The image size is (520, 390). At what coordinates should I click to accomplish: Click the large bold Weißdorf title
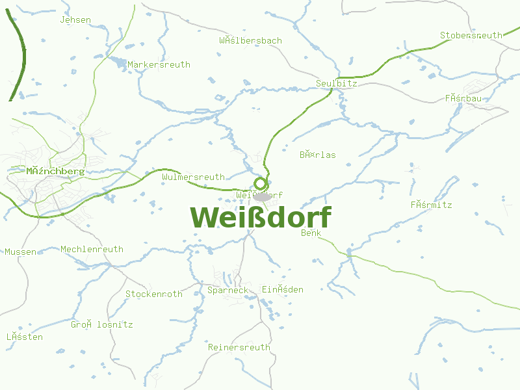click(x=261, y=218)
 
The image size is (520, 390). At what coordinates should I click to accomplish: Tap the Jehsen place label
click(x=75, y=20)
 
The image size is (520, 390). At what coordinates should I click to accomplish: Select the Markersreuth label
click(x=159, y=65)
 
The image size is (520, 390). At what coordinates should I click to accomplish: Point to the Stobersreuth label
click(x=471, y=36)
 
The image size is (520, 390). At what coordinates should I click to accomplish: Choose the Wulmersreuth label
click(x=193, y=177)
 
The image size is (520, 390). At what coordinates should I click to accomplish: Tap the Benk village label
click(x=311, y=233)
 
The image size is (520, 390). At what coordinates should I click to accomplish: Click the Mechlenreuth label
click(x=92, y=249)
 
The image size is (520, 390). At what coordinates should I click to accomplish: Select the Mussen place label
click(x=21, y=252)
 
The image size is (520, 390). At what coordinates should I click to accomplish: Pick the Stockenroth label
click(x=154, y=294)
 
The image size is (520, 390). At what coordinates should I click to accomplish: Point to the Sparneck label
click(x=227, y=290)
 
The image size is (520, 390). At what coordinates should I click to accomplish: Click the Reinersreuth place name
click(x=239, y=347)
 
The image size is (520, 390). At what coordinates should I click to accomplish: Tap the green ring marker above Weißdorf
click(x=261, y=183)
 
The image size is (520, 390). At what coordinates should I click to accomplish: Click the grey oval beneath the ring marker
click(x=262, y=196)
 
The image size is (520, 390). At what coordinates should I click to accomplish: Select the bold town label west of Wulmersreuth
click(x=55, y=171)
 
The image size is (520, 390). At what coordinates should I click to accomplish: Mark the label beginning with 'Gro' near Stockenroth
click(x=102, y=324)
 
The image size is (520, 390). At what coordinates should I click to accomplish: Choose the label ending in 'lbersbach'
click(x=250, y=40)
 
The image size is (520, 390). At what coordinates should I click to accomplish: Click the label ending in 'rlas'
click(x=318, y=155)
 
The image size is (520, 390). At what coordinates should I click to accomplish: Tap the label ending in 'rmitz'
click(x=431, y=205)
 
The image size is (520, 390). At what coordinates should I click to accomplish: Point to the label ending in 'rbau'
click(x=463, y=99)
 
